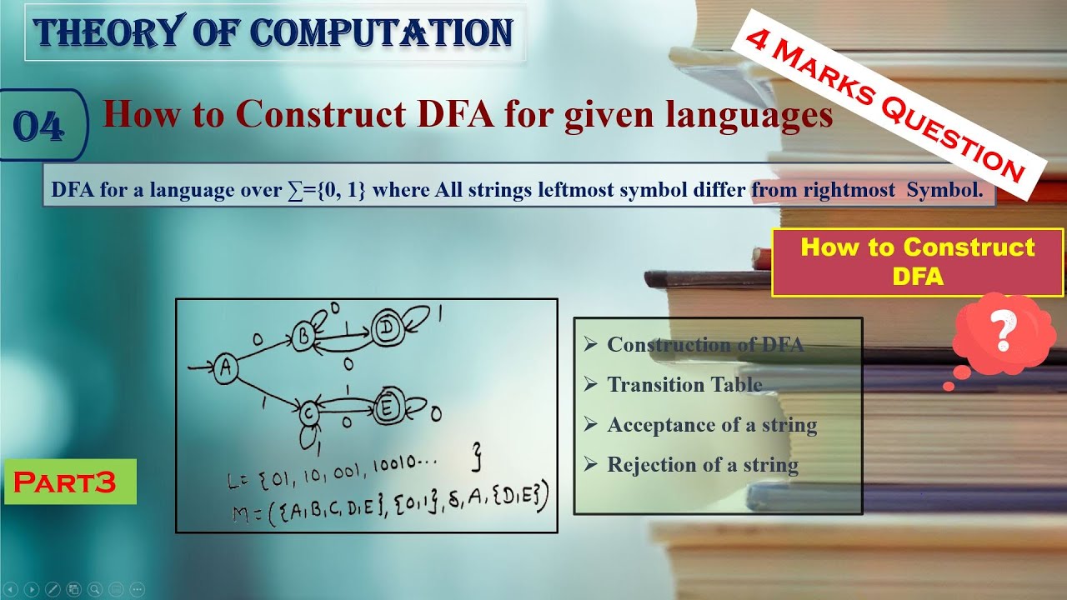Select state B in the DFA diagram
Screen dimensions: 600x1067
pos(304,336)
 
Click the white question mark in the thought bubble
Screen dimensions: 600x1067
pos(1004,331)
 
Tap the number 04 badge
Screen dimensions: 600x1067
pos(38,127)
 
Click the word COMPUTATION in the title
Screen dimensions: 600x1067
pos(381,32)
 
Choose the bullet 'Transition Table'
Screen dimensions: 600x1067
pos(684,384)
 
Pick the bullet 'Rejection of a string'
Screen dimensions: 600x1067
pos(702,464)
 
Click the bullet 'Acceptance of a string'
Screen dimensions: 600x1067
pos(711,424)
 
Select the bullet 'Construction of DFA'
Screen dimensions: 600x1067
pos(705,344)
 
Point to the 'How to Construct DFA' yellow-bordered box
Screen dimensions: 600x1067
pos(917,262)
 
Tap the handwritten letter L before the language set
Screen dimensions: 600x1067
pos(234,482)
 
